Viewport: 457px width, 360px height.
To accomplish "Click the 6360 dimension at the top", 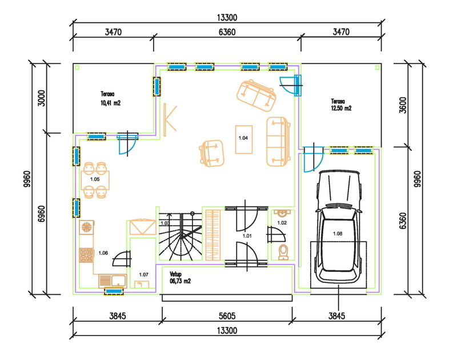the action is tap(227, 32).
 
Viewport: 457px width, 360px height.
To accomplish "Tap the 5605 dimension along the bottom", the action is tap(227, 316).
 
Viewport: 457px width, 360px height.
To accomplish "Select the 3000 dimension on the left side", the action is tap(42, 98).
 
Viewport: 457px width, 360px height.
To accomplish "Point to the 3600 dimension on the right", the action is tap(403, 105).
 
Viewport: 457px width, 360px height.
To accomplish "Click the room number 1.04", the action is tap(243, 138).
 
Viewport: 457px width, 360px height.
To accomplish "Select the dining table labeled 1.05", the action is tap(95, 181).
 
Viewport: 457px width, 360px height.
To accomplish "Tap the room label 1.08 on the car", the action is tap(338, 234).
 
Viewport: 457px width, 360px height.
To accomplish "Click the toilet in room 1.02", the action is tap(283, 252).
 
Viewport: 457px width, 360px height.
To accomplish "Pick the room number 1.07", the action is tap(144, 275).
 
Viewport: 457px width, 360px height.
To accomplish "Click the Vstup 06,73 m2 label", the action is tap(180, 278).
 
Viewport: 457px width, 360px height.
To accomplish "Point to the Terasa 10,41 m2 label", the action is tap(110, 98).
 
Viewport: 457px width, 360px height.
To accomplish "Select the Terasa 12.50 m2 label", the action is tap(341, 105).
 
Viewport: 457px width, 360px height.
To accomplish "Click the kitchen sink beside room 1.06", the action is tap(113, 281).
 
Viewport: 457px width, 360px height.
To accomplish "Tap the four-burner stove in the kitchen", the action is tap(86, 255).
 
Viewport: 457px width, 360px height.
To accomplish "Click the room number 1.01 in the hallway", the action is tap(247, 236).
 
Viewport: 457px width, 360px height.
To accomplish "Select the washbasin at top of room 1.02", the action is tap(282, 213).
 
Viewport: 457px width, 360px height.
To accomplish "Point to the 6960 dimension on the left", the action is tap(42, 214).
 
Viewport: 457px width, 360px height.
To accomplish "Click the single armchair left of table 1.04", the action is tap(212, 153).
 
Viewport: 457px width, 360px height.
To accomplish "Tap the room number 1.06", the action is tap(103, 253).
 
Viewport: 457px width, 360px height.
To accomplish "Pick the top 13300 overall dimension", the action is tap(227, 18).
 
